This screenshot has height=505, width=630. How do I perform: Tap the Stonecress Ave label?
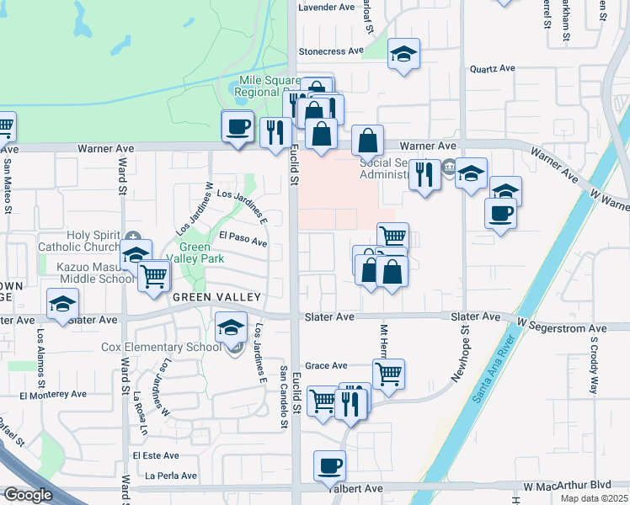[x=330, y=51]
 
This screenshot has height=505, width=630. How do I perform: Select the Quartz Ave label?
[x=492, y=69]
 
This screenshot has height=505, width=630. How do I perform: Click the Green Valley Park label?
[x=201, y=253]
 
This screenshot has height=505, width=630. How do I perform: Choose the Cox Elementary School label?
[x=161, y=347]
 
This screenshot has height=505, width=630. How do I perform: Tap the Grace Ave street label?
[x=326, y=366]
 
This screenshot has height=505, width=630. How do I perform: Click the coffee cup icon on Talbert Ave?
[x=329, y=465]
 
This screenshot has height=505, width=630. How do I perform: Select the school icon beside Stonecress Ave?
[x=404, y=54]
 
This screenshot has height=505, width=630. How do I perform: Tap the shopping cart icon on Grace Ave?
[x=388, y=373]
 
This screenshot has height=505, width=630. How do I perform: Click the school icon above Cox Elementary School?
[x=231, y=327]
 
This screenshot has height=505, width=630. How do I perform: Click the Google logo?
[x=28, y=495]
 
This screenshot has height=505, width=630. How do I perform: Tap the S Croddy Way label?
[x=593, y=367]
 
